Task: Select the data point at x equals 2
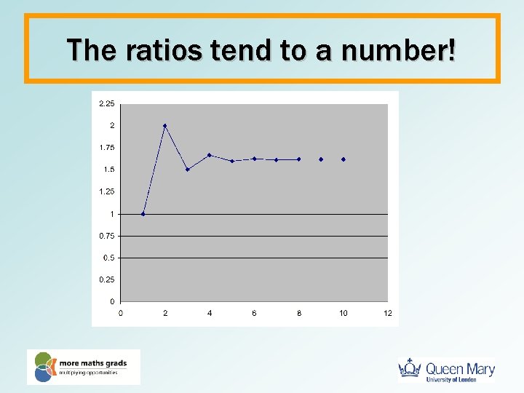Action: (165, 126)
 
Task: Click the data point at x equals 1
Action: (143, 214)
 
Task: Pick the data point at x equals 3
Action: (187, 170)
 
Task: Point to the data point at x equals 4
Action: (210, 155)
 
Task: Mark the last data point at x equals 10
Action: (343, 159)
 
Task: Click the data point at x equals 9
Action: (321, 159)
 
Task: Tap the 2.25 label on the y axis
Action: (106, 104)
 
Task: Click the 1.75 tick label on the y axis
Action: (106, 148)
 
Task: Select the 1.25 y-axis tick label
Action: (106, 191)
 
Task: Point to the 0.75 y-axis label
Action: (106, 236)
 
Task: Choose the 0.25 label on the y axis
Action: (106, 279)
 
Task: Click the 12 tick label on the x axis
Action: (388, 313)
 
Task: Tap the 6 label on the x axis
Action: (254, 313)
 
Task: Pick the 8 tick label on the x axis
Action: (298, 313)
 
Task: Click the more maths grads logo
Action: (83, 367)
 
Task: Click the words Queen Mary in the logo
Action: (460, 368)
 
